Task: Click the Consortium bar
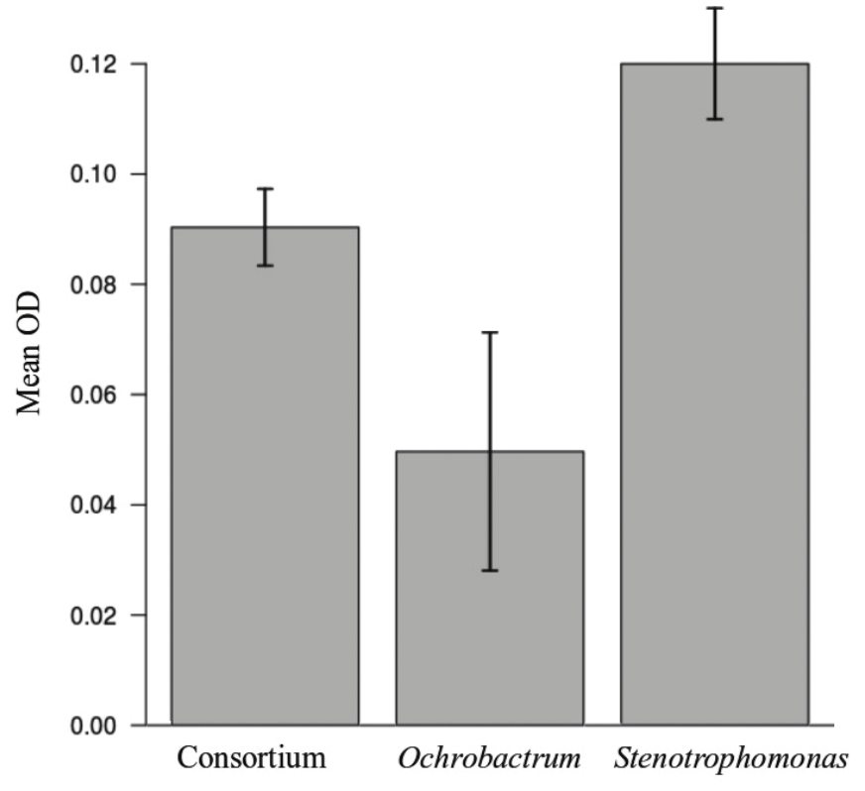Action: (x=265, y=476)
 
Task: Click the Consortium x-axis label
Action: (x=251, y=760)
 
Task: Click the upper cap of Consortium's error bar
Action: (x=265, y=188)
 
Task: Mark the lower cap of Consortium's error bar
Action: (x=265, y=266)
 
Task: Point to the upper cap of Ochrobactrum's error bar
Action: (x=489, y=333)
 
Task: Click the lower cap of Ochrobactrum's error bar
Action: (x=489, y=570)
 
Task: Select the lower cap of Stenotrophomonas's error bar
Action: (x=714, y=119)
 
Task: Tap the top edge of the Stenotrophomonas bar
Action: (x=714, y=63)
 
